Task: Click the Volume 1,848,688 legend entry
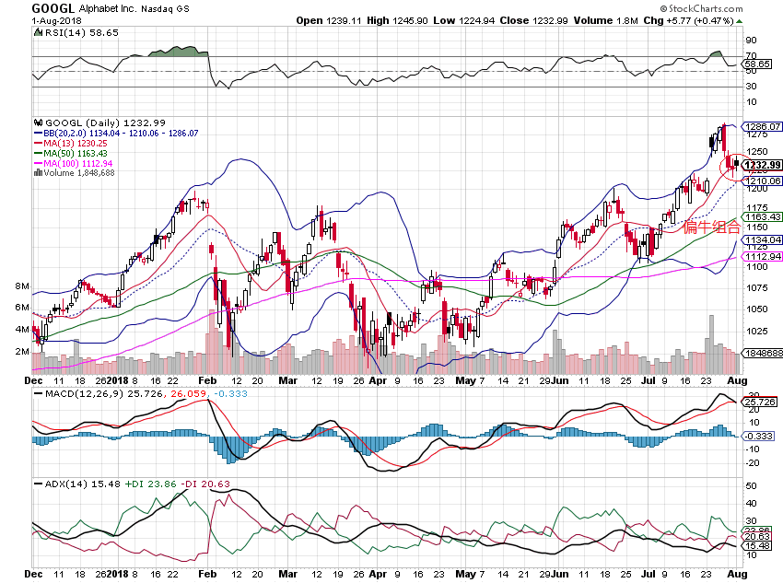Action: (x=78, y=172)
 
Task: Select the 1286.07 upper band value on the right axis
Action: (x=764, y=126)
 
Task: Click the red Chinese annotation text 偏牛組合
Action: (x=711, y=227)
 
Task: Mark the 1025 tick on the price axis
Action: (x=756, y=331)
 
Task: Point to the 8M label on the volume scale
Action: (x=23, y=286)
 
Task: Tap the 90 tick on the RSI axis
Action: (x=752, y=41)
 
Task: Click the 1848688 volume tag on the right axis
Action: (x=764, y=353)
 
